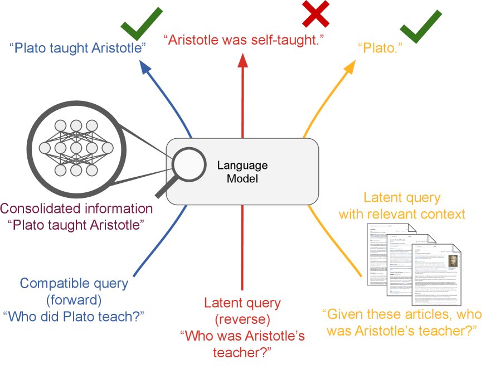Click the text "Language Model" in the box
(x=242, y=172)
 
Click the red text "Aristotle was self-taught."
(x=244, y=40)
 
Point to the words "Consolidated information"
(x=76, y=209)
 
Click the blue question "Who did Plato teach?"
(x=74, y=316)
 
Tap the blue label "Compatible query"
(x=74, y=284)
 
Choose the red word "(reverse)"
(x=242, y=319)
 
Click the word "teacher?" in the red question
(x=242, y=352)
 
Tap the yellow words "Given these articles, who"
(x=400, y=314)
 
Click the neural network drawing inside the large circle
(x=76, y=148)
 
